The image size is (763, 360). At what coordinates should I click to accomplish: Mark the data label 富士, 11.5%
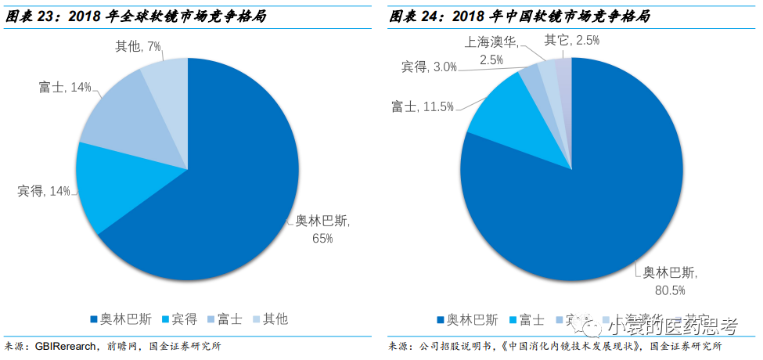coord(423,106)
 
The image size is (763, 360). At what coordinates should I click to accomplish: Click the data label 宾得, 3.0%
coord(429,67)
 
